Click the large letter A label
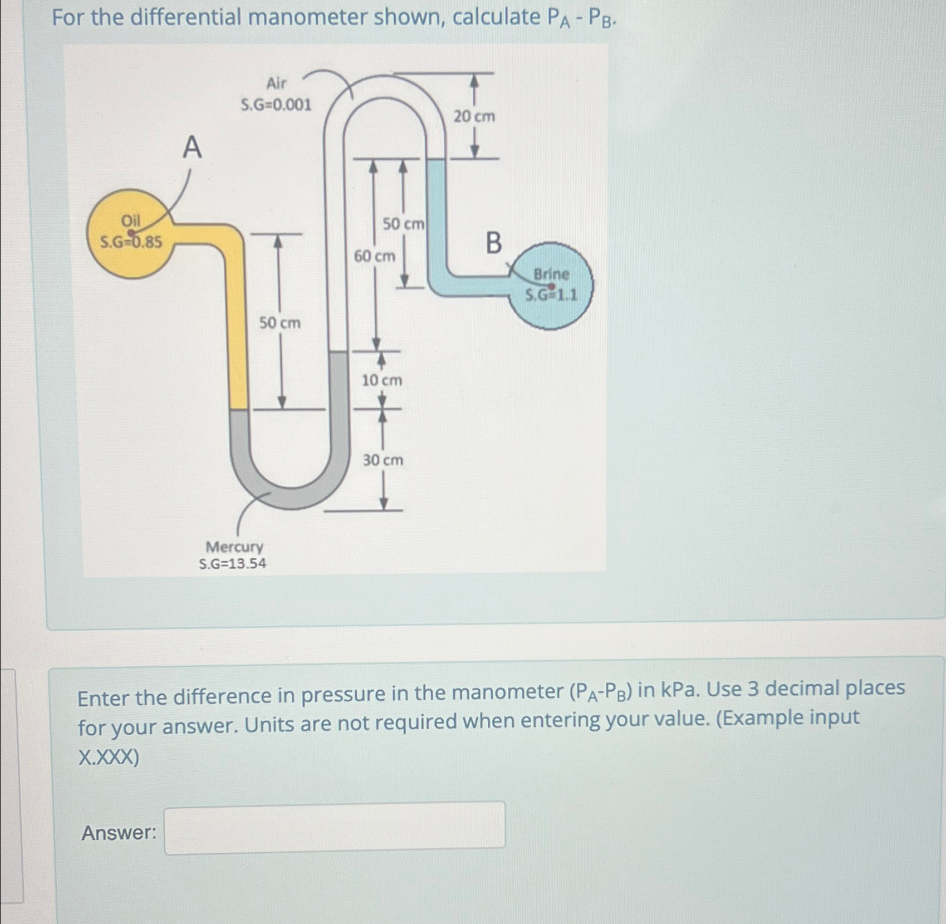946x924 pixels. click(192, 148)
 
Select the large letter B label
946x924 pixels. click(493, 243)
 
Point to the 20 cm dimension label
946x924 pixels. click(474, 116)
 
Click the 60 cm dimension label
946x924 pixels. click(375, 257)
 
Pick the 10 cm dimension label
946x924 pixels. click(382, 381)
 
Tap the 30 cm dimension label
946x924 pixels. click(383, 460)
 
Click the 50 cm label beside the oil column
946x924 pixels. click(280, 323)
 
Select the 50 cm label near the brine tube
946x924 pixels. click(403, 224)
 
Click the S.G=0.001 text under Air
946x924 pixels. click(276, 105)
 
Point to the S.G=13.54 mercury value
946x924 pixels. click(233, 564)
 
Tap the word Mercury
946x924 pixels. click(234, 547)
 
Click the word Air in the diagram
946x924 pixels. click(276, 83)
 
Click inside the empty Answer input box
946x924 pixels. click(335, 825)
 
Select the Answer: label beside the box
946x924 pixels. click(119, 833)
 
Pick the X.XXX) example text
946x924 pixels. click(109, 758)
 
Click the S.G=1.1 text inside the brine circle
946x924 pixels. click(551, 295)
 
